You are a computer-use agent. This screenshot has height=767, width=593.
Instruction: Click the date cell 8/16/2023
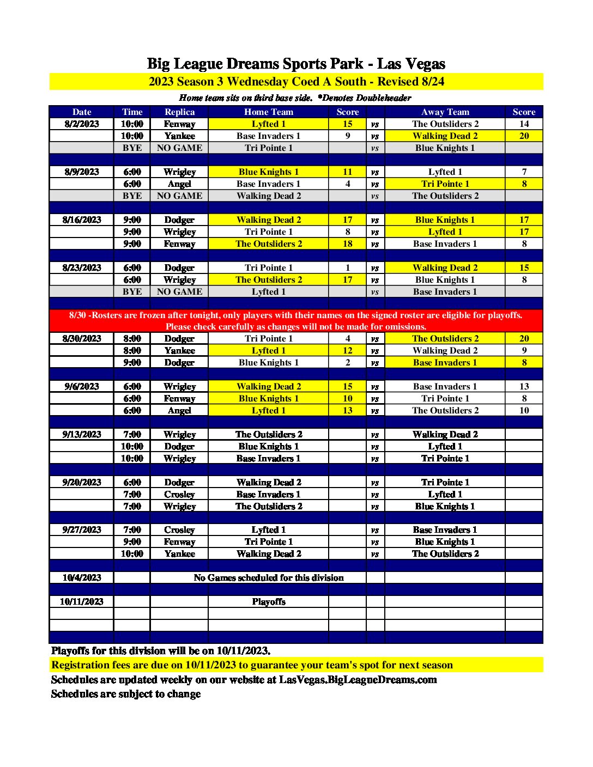coord(82,220)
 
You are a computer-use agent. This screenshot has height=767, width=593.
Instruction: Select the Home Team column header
coord(268,112)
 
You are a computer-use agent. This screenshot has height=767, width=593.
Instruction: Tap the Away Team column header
coord(445,112)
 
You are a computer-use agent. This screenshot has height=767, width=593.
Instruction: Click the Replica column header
coord(179,112)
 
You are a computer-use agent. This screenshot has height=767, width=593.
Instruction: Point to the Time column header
coord(132,112)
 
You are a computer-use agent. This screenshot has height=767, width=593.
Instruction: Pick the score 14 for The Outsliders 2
coord(524,124)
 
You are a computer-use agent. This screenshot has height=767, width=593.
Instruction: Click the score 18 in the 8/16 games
coord(347,244)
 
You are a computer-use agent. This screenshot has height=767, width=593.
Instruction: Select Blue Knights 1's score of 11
coord(347,172)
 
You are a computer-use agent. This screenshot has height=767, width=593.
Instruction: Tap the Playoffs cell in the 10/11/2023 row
coord(268,602)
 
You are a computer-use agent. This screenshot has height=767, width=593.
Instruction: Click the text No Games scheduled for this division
coord(268,578)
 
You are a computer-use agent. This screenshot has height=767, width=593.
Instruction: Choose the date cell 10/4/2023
coord(82,578)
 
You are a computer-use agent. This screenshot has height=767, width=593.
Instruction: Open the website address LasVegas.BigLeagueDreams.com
coord(358,680)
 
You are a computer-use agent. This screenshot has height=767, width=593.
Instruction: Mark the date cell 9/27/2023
coord(82,530)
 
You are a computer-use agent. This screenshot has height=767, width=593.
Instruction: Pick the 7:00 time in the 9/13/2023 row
coord(132,435)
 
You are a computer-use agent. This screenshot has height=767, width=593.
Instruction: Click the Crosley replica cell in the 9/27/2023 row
coord(179,530)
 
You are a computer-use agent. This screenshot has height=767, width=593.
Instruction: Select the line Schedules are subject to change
coord(126,694)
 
